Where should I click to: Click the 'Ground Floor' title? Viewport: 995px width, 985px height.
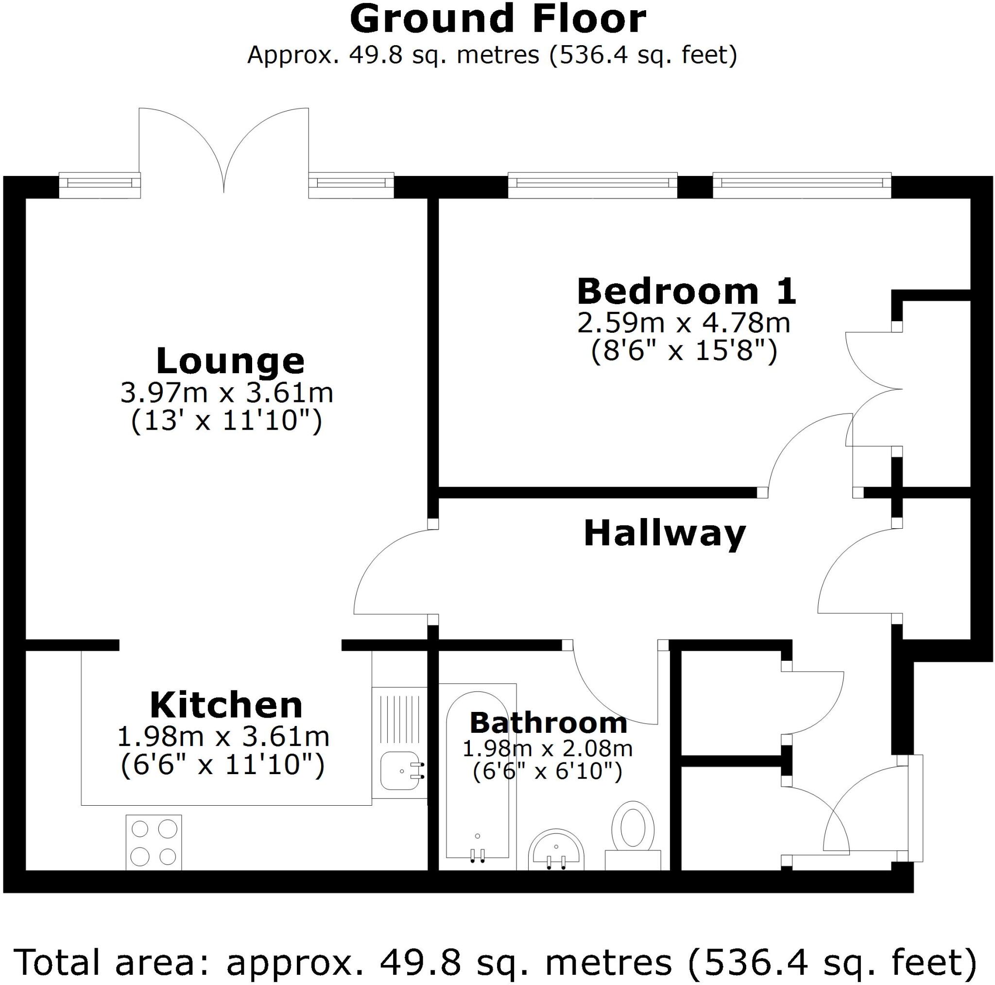(x=497, y=19)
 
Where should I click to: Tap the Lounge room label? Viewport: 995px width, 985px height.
(x=230, y=361)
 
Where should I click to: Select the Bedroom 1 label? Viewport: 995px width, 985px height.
(x=686, y=292)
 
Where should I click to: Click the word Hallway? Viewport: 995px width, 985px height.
(x=664, y=534)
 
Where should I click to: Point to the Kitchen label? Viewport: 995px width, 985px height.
(x=226, y=706)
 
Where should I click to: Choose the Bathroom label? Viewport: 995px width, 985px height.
(x=548, y=723)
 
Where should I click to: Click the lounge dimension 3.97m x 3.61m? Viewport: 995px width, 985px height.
(x=226, y=393)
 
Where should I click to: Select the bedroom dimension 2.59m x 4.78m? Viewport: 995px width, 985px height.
(x=684, y=324)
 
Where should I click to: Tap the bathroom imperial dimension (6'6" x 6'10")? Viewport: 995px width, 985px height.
(x=548, y=772)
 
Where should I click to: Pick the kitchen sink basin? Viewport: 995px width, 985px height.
(x=400, y=771)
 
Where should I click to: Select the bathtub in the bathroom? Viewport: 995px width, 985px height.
(x=478, y=778)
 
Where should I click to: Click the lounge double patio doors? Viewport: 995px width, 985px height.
(x=224, y=149)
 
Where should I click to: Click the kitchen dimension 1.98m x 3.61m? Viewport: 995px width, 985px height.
(x=223, y=737)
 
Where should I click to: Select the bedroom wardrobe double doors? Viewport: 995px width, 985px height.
(x=875, y=389)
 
